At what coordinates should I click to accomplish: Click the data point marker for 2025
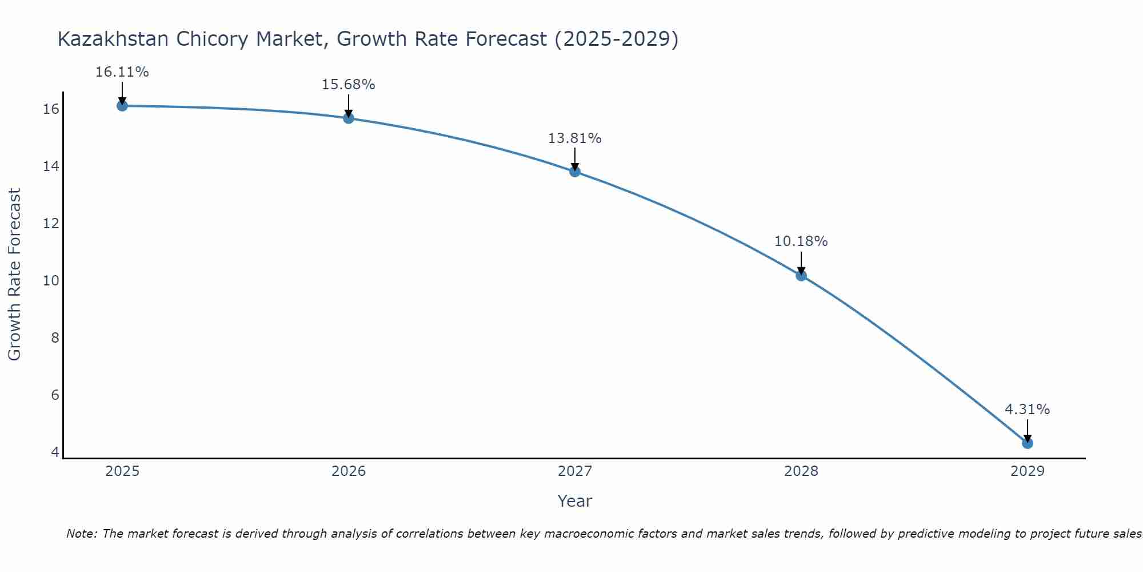coord(122,106)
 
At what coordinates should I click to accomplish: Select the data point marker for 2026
coord(349,118)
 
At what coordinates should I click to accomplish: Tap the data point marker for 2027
coord(575,172)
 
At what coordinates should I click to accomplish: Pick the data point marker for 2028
coord(801,276)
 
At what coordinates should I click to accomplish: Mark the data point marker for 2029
coord(1028,443)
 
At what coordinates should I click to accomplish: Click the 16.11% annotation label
coord(122,72)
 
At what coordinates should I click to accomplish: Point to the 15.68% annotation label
coord(348,85)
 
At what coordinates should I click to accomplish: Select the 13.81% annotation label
coord(574,138)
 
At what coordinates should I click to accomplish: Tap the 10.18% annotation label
coord(801,241)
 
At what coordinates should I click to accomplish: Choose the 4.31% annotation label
coord(1027,410)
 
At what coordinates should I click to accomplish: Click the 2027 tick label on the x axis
coord(575,471)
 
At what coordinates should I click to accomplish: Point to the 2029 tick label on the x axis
coord(1028,471)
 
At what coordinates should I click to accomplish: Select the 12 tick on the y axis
coord(51,224)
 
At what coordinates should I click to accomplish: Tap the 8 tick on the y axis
coord(55,338)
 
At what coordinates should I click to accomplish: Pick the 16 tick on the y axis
coord(51,109)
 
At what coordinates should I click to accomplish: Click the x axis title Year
coord(574,501)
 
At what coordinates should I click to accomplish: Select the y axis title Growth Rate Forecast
coord(14,275)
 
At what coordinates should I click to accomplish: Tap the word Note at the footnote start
coord(82,534)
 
